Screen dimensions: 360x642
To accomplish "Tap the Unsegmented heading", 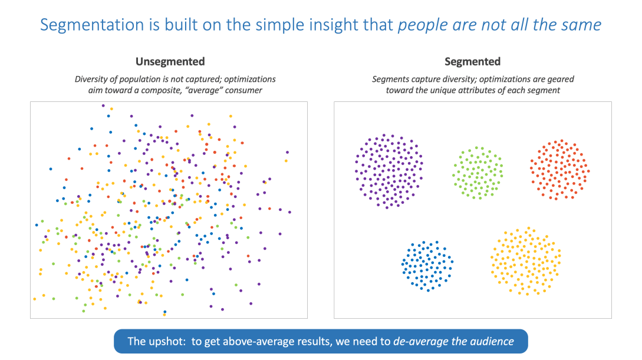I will point(170,61).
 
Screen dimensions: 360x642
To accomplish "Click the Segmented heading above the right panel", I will point(472,61).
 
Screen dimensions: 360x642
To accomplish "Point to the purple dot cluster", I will point(389,171).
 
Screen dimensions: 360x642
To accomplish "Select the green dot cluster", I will point(478,173).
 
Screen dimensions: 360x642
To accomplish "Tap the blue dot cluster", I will point(427,265).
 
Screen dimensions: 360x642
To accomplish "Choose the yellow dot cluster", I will point(525,261).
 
